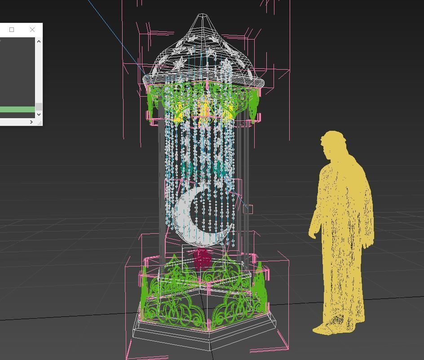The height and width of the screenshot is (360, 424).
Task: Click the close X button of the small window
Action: click(32, 30)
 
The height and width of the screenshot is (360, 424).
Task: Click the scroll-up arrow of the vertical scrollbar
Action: click(39, 42)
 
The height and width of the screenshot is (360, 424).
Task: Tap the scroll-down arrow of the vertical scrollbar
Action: click(39, 114)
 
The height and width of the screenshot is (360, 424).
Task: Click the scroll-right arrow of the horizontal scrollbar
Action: click(31, 122)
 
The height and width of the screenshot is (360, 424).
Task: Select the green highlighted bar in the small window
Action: click(17, 109)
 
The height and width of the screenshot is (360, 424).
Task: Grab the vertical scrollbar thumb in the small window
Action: click(39, 107)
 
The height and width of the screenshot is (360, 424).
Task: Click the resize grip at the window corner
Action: click(40, 122)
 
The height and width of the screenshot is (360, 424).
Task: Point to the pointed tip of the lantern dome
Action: click(203, 16)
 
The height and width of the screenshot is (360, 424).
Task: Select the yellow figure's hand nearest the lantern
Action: click(312, 233)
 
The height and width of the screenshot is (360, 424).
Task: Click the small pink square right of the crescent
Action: click(249, 209)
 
